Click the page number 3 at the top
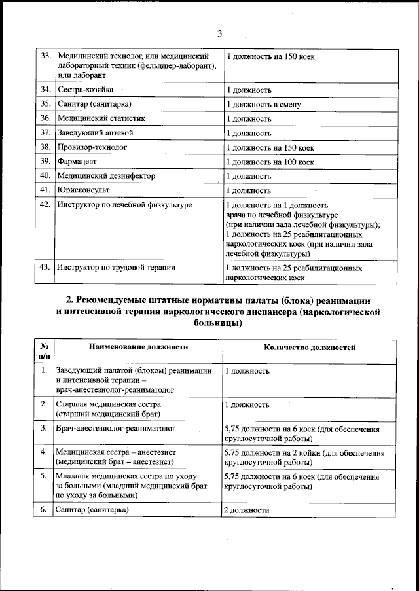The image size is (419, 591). [x=219, y=33]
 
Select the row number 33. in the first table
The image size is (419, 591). [x=45, y=57]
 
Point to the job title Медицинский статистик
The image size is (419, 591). [x=100, y=119]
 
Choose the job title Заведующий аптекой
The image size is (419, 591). [x=96, y=134]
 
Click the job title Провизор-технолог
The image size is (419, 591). [x=92, y=148]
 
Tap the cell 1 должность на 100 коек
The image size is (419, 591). [x=270, y=162]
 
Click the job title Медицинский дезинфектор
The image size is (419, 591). [x=105, y=176]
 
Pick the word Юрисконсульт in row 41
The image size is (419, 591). [x=83, y=190]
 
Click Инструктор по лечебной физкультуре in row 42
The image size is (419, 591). [x=124, y=206]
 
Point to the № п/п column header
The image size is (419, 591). [x=43, y=352]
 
